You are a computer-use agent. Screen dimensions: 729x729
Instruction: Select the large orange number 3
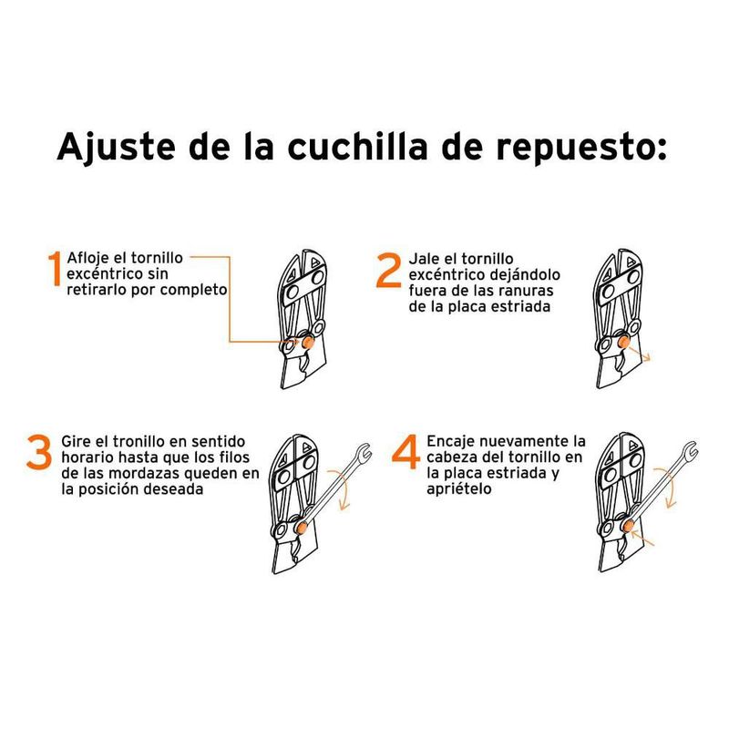[x=38, y=453]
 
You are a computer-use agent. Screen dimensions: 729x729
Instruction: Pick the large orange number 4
[x=406, y=453]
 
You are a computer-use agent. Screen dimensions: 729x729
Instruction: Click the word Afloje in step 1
[x=88, y=257]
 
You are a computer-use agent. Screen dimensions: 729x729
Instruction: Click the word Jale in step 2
[x=426, y=258]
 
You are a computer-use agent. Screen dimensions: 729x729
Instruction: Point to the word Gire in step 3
[x=77, y=440]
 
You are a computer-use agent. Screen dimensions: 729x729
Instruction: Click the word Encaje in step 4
[x=452, y=440]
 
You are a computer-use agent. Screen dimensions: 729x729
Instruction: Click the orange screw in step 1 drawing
[x=309, y=341]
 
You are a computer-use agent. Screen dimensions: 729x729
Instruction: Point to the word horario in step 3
[x=87, y=457]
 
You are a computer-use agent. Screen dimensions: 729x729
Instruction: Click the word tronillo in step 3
[x=145, y=440]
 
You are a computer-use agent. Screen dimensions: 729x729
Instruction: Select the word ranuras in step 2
[x=523, y=291]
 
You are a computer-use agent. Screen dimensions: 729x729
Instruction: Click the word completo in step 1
[x=191, y=290]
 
